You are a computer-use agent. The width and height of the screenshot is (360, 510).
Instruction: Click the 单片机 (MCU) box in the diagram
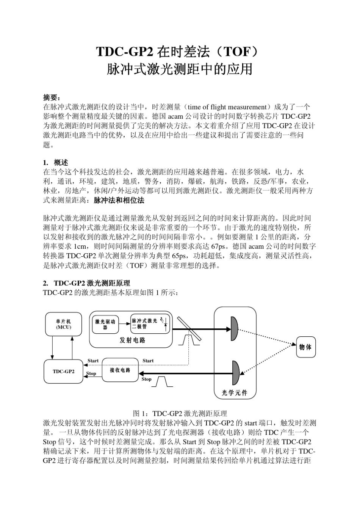[x=63, y=324]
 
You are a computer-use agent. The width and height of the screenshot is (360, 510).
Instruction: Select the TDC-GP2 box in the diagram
[x=63, y=371]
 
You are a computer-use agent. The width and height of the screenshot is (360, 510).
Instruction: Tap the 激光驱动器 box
[x=105, y=324]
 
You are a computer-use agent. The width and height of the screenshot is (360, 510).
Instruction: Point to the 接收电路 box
[x=120, y=370]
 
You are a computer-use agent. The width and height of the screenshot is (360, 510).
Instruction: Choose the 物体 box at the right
[x=305, y=347]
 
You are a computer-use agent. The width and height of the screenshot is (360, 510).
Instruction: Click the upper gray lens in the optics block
[x=235, y=328]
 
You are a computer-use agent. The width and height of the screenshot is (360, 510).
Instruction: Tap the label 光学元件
[x=235, y=393]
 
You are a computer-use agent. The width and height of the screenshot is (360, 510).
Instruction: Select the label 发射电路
[x=132, y=340]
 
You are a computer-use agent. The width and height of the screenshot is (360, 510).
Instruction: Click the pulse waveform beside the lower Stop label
[x=162, y=381]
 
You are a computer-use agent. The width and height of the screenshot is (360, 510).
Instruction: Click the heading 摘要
[x=52, y=98]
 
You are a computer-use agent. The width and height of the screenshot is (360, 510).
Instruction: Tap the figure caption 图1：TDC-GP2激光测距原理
[x=180, y=413]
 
